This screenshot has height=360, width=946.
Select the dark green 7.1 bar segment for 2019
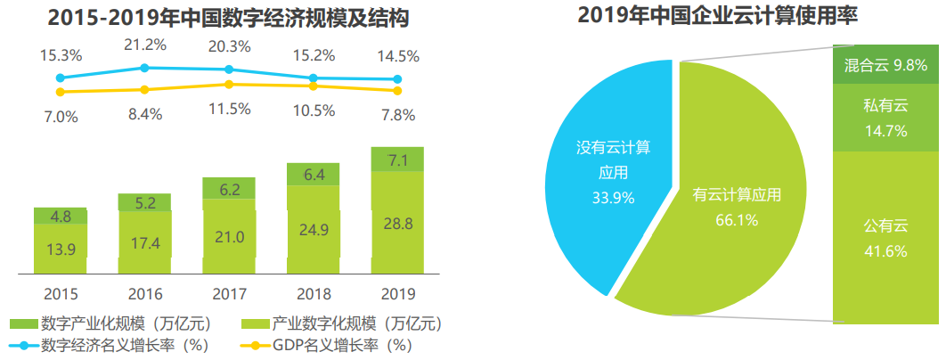[x=398, y=160]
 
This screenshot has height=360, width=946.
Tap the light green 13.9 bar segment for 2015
[x=61, y=249]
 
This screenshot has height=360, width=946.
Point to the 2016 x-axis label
[x=145, y=293]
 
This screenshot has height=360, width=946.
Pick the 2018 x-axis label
[x=314, y=293]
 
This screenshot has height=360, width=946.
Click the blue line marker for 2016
[x=145, y=67]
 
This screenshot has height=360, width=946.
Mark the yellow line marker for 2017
[x=229, y=84]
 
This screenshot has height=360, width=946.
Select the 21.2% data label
[x=145, y=44]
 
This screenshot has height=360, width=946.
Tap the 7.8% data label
[x=398, y=114]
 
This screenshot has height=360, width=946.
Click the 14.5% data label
[x=398, y=56]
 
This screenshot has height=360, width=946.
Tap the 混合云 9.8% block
[x=885, y=66]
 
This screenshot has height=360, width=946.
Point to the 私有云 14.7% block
[x=885, y=118]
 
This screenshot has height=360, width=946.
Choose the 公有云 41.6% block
[x=885, y=237]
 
